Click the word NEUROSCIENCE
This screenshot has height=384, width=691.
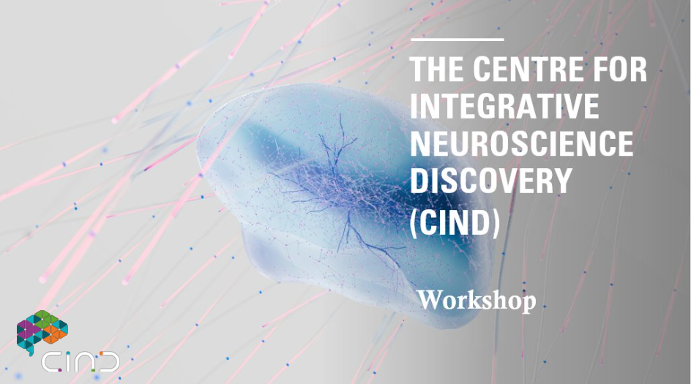522,143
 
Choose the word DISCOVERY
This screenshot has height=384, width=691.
491,180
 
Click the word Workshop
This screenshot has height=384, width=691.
477,301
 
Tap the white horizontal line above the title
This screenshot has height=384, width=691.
457,39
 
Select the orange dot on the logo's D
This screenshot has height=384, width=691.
101,353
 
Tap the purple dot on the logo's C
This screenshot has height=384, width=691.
61,370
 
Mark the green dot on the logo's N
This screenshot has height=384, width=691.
92,370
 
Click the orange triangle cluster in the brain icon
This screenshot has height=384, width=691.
55,334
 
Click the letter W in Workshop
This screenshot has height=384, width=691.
430,300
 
